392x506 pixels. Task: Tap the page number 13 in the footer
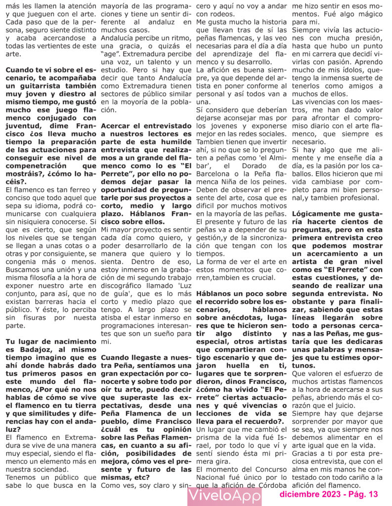pos(373,494)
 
